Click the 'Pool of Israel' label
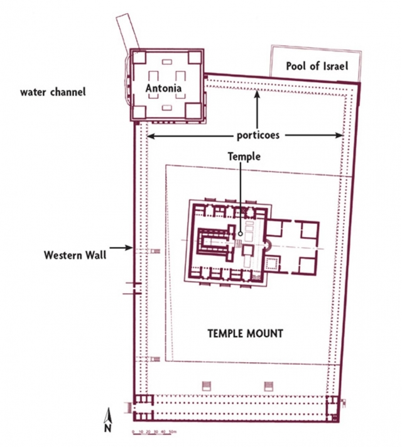tap(317, 66)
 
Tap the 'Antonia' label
tap(163, 88)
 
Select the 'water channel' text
tap(53, 92)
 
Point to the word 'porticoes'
tap(258, 135)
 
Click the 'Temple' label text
tap(244, 157)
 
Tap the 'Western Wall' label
tap(75, 255)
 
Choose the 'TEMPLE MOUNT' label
tap(246, 334)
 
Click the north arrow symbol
tap(107, 416)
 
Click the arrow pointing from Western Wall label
tap(121, 248)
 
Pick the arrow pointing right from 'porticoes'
tap(314, 135)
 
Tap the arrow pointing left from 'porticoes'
tap(190, 136)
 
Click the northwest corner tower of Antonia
tap(139, 57)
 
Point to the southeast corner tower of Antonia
tap(193, 111)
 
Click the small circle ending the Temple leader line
tap(241, 234)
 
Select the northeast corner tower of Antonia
tap(195, 58)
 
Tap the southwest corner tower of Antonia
tap(139, 112)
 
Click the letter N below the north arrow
tap(107, 428)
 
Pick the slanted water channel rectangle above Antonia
tap(128, 33)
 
